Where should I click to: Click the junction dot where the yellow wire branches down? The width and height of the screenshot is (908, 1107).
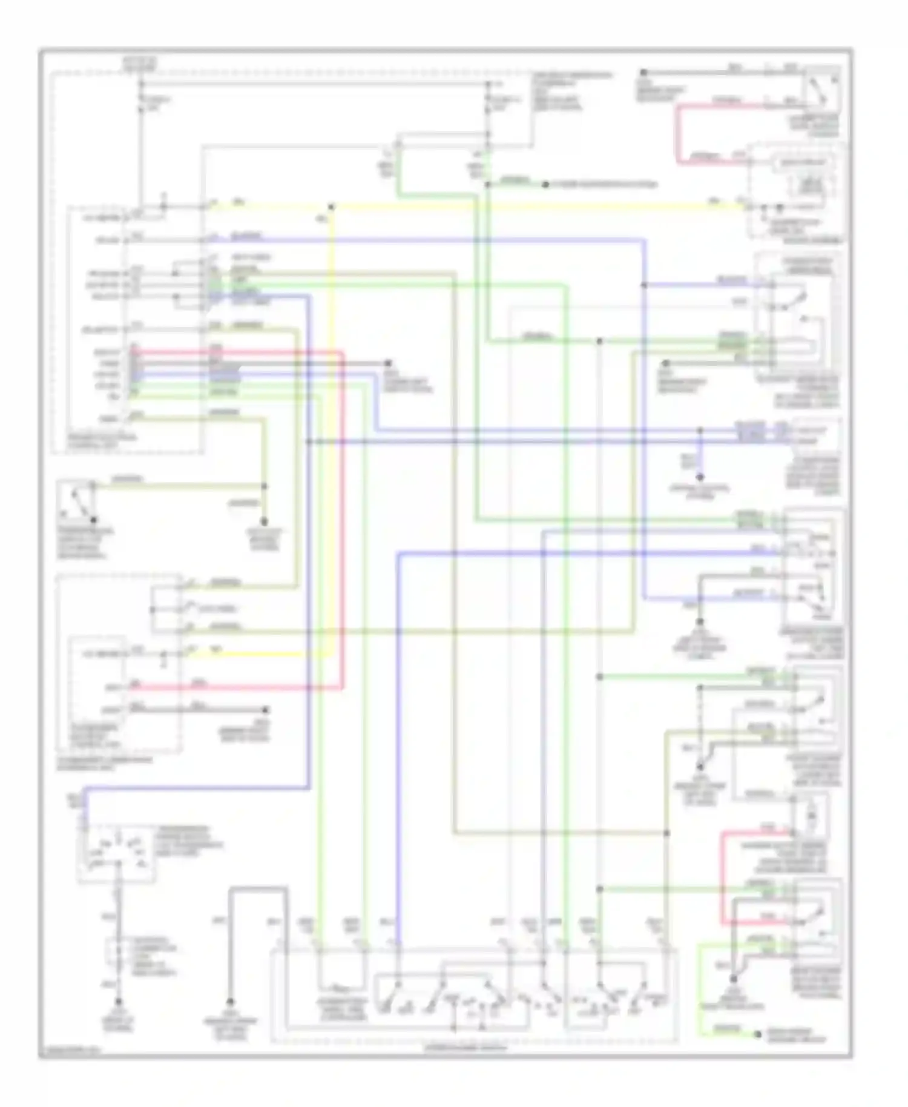tap(331, 207)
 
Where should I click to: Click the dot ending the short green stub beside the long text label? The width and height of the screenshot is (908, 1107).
tap(545, 184)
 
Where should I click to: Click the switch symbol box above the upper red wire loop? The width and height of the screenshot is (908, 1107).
tap(822, 89)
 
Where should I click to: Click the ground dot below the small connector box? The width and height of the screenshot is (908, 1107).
tap(119, 1002)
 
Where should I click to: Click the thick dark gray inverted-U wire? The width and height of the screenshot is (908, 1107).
tap(258, 889)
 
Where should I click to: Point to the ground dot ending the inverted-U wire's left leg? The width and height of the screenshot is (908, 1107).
tap(231, 1002)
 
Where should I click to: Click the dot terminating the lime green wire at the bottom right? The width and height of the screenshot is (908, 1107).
tap(757, 1034)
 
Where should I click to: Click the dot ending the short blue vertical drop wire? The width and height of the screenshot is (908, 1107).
tap(700, 477)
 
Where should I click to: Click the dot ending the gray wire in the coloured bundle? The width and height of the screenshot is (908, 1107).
tap(388, 363)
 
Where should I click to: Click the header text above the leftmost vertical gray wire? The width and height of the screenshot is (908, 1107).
tap(139, 64)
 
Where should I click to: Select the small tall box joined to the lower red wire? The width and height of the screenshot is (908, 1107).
tap(811, 816)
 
